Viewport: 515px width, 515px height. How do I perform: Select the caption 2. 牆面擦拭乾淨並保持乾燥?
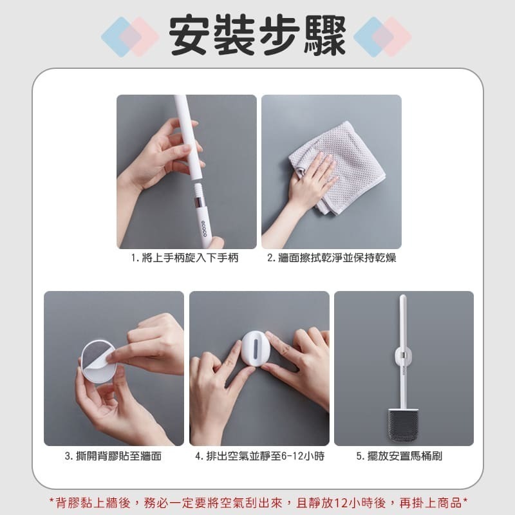coord(331,257)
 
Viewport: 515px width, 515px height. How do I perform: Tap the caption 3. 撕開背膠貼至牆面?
coord(113,456)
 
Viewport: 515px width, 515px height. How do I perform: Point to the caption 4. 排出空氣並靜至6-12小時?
coord(259,456)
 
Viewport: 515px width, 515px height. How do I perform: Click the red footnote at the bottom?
coord(257,501)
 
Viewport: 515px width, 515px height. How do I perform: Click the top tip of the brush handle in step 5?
coord(403,298)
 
